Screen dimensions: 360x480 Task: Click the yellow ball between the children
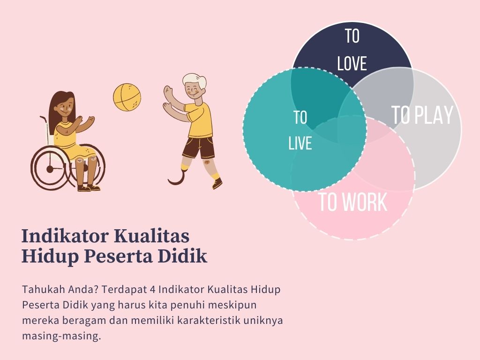[127, 97]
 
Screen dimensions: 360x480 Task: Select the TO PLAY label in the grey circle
[422, 115]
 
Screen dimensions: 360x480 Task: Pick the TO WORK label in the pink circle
[353, 202]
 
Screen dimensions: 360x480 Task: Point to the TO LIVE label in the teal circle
[300, 130]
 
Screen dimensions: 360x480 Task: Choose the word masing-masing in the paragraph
[61, 336]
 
